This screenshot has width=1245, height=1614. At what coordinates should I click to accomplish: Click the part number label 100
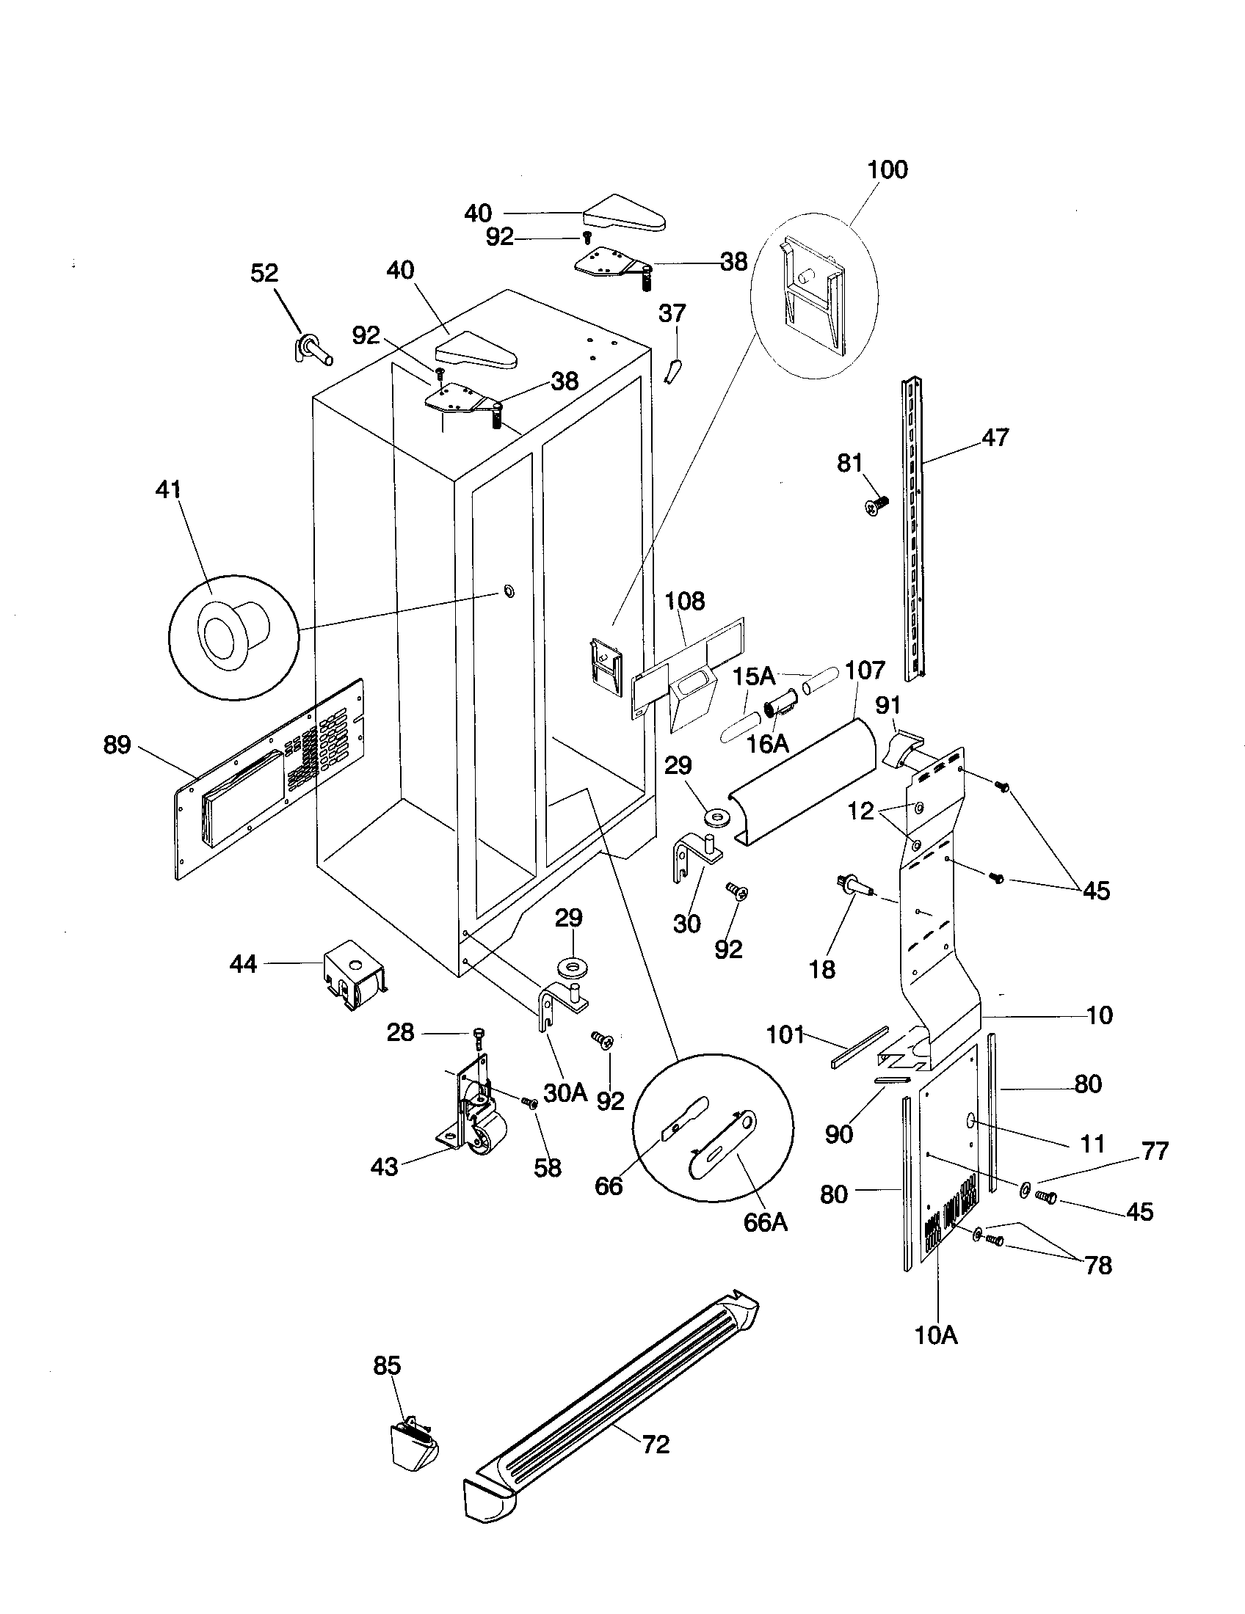(887, 169)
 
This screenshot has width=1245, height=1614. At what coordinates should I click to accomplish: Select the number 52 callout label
(264, 273)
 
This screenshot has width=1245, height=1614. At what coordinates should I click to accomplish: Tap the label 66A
(765, 1222)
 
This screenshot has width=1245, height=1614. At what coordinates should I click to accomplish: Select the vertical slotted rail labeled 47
(914, 528)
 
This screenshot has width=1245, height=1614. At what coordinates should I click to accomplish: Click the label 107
(864, 671)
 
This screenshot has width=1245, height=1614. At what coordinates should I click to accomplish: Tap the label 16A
(766, 743)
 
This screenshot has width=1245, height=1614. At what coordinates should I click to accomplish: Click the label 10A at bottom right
(936, 1334)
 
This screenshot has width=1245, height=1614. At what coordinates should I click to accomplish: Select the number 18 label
(821, 969)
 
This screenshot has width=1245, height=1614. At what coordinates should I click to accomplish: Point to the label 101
(785, 1034)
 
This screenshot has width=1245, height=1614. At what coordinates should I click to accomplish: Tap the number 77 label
(1155, 1150)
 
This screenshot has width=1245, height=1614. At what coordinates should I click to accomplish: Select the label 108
(685, 601)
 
